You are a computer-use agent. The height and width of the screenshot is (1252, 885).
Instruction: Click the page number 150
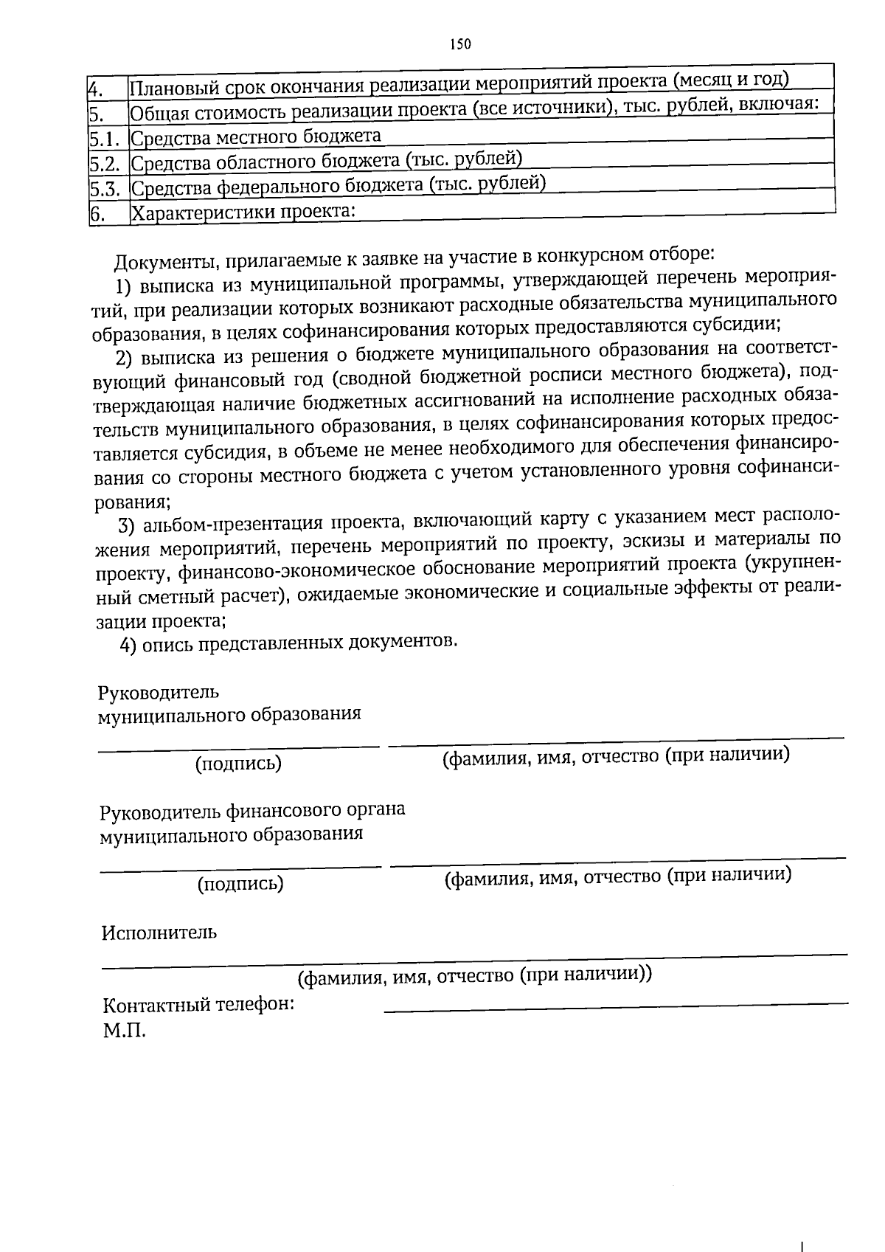pyautogui.click(x=460, y=44)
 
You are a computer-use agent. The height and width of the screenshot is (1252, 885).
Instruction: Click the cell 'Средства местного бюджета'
pyautogui.click(x=255, y=137)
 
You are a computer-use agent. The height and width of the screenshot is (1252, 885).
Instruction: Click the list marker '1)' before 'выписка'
pyautogui.click(x=124, y=286)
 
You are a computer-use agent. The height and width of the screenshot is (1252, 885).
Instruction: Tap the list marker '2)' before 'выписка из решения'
pyautogui.click(x=125, y=359)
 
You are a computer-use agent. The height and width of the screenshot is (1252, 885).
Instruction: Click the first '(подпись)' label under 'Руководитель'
pyautogui.click(x=238, y=764)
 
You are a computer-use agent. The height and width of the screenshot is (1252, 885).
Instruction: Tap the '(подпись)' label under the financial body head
pyautogui.click(x=240, y=883)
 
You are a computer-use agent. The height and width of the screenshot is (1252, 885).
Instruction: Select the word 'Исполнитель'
pyautogui.click(x=159, y=933)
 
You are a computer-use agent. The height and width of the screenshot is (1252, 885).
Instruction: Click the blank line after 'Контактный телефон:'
pyautogui.click(x=616, y=1005)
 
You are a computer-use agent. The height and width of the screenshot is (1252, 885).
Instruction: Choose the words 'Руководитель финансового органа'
pyautogui.click(x=252, y=810)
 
